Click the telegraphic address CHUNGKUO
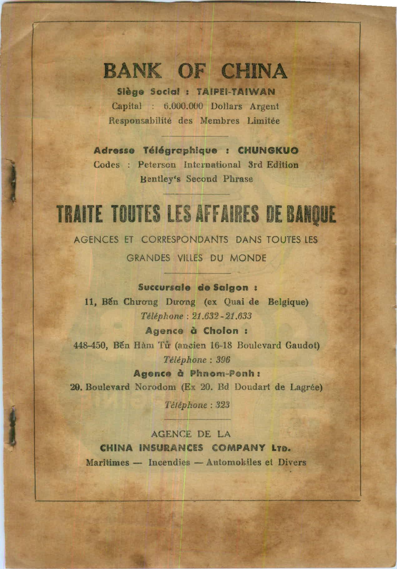point(268,151)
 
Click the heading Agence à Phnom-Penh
point(197,373)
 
